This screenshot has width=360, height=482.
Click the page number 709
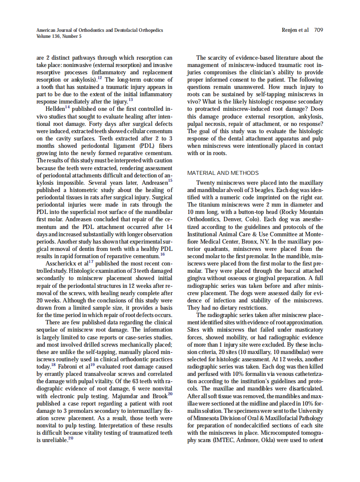318,30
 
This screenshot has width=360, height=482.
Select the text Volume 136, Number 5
59,36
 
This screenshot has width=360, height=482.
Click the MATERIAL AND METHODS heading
223,173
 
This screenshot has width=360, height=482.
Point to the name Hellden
55,108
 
